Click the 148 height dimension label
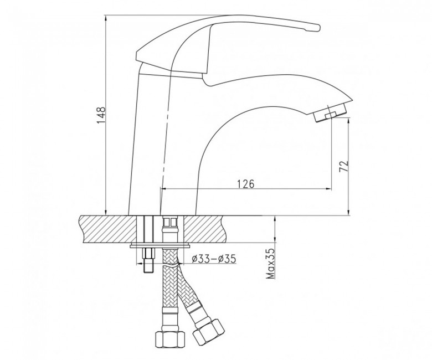[x=101, y=115]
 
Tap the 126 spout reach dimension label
[x=245, y=183]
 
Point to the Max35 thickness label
[x=271, y=263]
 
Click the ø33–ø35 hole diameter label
[x=214, y=259]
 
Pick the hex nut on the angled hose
[x=209, y=331]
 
